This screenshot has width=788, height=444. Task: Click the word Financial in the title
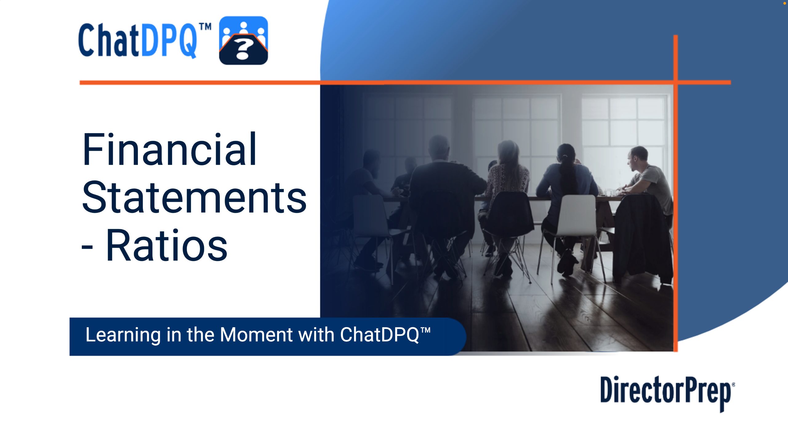[170, 150]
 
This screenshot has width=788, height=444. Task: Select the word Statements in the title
[194, 197]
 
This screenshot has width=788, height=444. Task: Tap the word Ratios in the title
[167, 245]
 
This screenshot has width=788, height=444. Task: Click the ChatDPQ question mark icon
[243, 40]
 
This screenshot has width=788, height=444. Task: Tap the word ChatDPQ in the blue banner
[379, 335]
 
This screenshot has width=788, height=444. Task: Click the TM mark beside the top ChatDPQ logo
[205, 27]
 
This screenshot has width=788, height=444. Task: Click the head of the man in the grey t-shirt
[638, 158]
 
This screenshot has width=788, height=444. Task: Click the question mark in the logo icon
[243, 50]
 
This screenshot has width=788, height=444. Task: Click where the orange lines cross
[675, 82]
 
